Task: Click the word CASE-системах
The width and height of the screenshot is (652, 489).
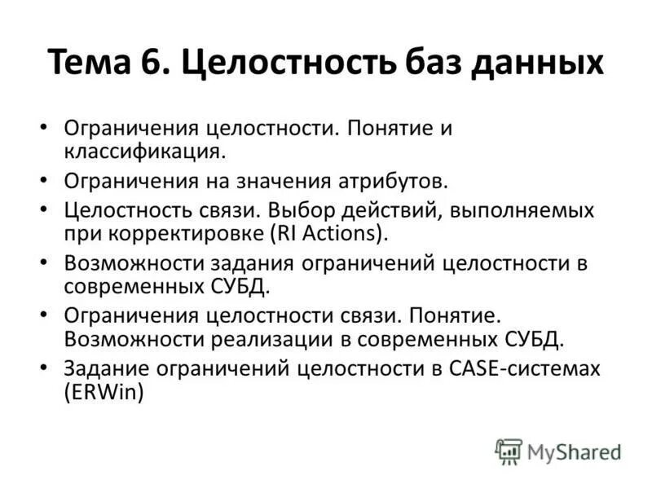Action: pyautogui.click(x=524, y=368)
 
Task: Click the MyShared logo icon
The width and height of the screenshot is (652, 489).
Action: pyautogui.click(x=508, y=452)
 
